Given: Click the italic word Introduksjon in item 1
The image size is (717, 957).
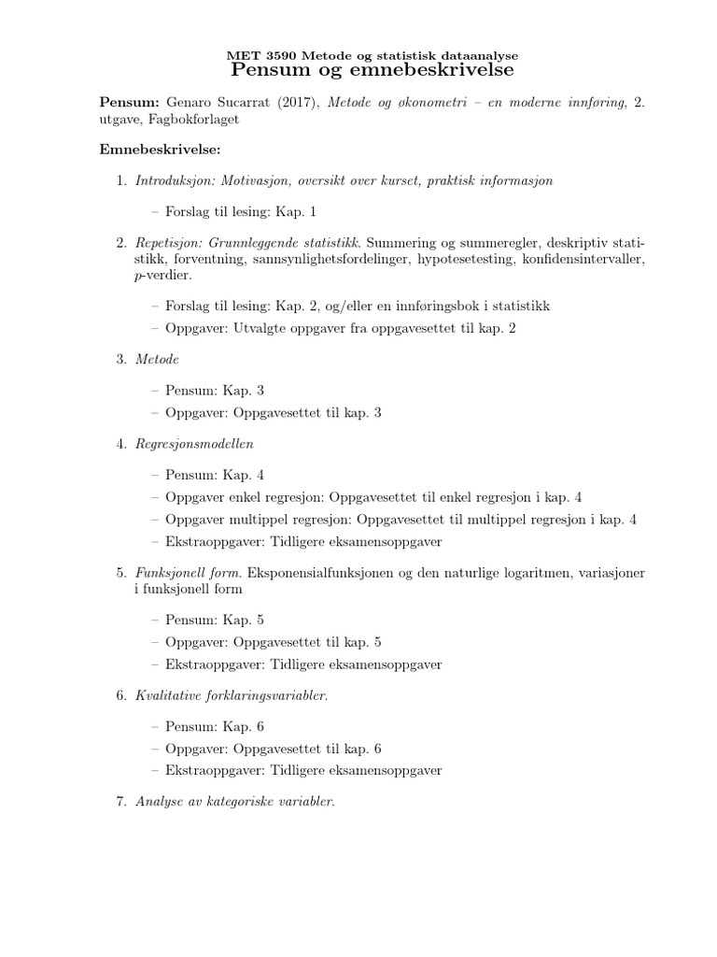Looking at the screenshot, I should click(169, 180).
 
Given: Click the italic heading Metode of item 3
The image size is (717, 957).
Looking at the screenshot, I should click(157, 359).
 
